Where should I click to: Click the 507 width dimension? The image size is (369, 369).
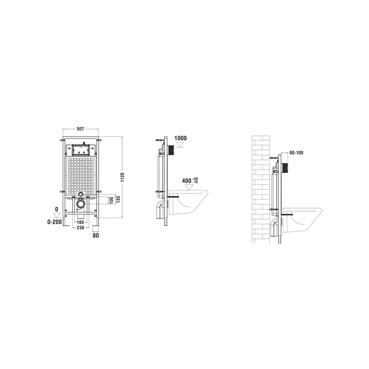80,129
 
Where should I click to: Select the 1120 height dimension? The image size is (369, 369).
122,178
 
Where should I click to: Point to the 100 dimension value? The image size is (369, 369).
112,200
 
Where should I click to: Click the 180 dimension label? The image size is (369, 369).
80,222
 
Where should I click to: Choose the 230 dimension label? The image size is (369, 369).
80,227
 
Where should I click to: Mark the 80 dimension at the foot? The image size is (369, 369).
96,235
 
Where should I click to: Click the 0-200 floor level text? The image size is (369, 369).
54,222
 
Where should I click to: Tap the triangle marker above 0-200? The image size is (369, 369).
56,215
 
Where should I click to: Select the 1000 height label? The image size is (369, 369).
180,138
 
